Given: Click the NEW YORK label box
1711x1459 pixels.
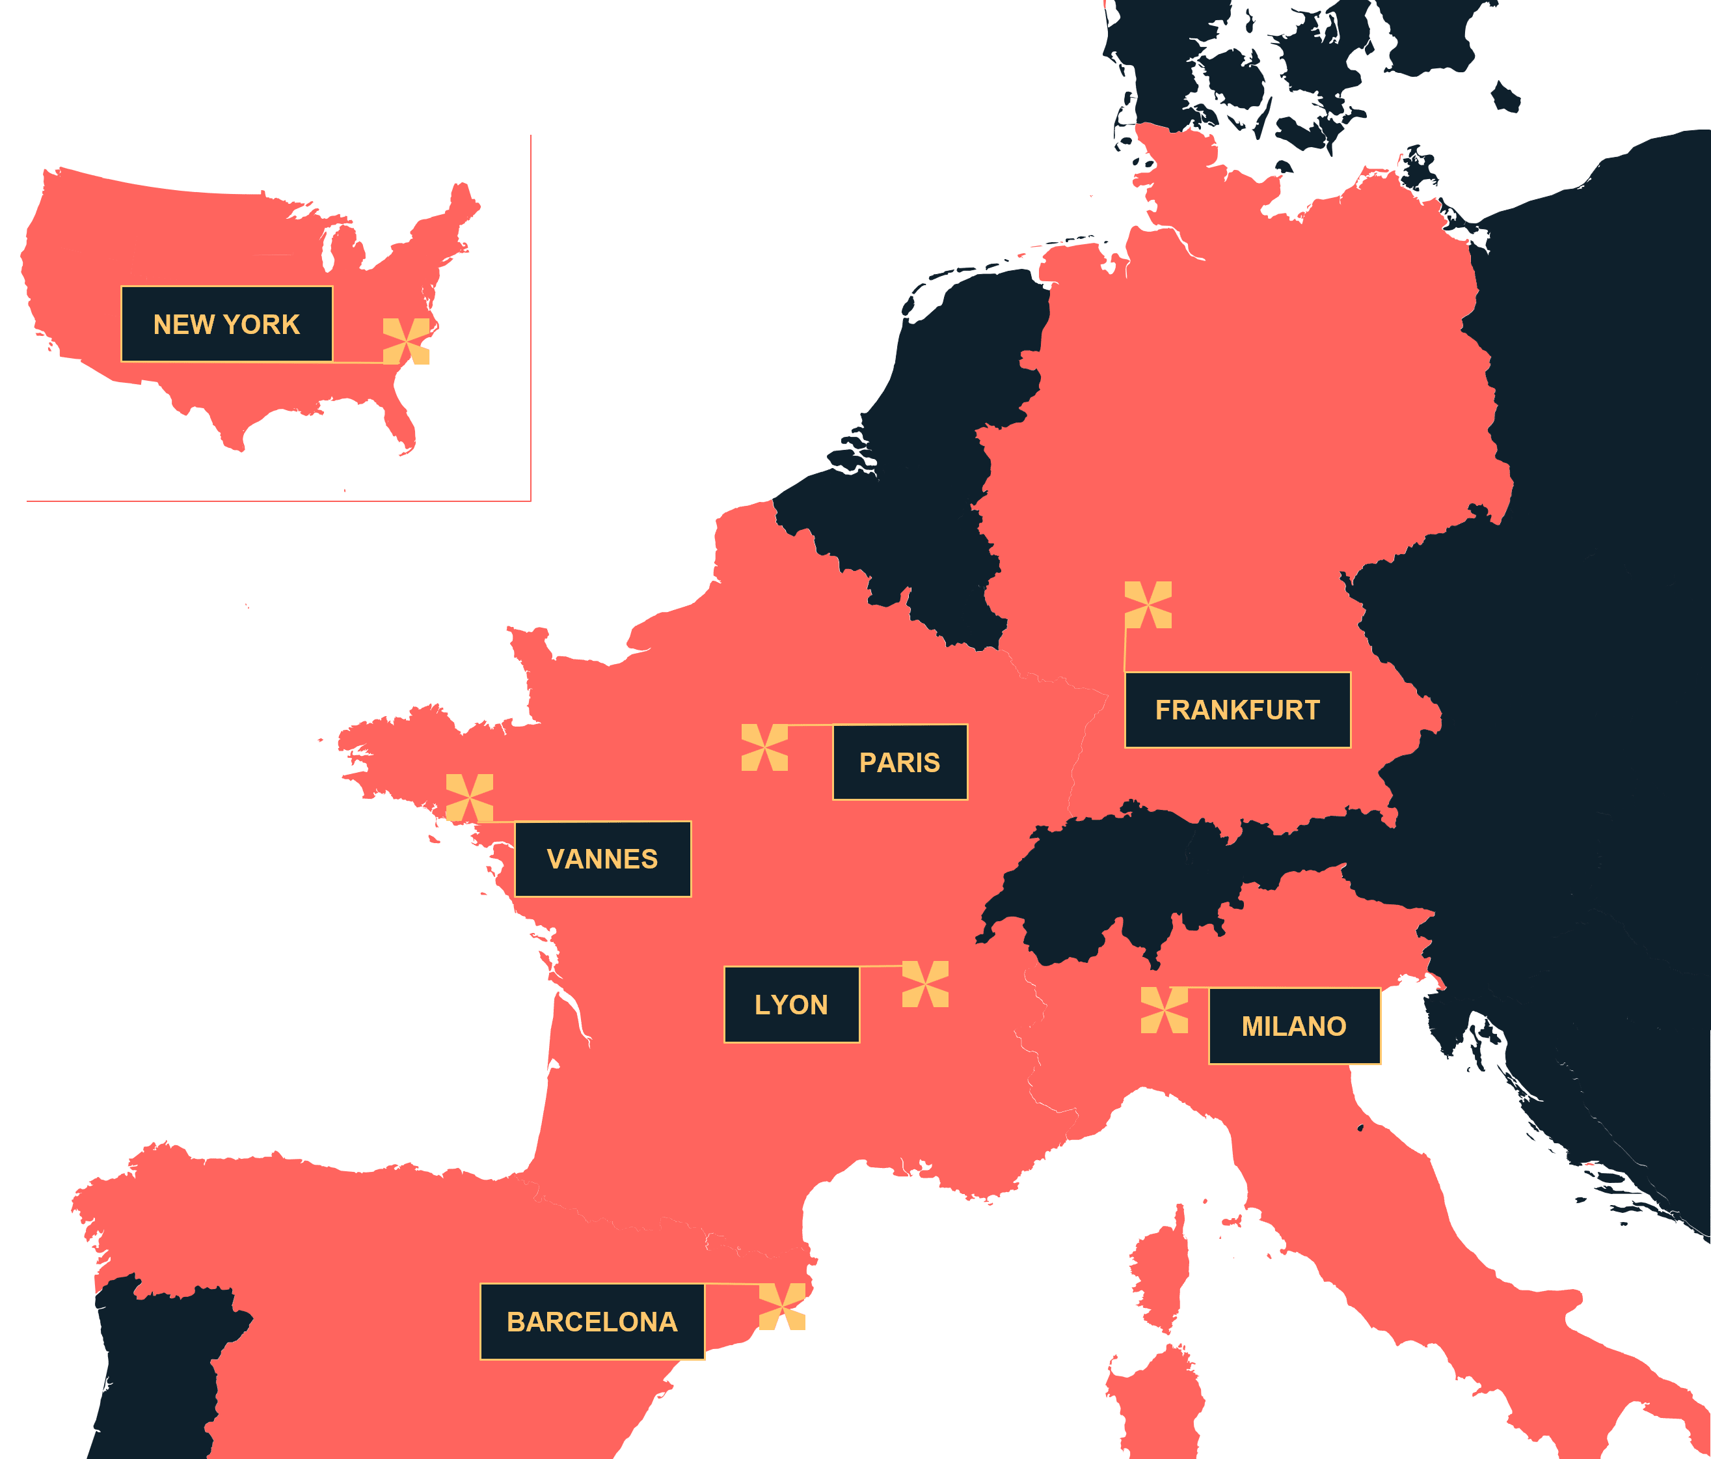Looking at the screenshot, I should (x=227, y=324).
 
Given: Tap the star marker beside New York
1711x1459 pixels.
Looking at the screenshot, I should (x=406, y=341).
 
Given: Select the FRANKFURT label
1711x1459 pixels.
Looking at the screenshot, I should (x=1237, y=710).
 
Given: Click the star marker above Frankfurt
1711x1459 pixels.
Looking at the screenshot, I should (x=1148, y=605).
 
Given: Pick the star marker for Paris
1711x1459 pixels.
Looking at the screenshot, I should (x=764, y=747).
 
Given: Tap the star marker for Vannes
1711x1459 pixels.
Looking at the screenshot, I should (x=469, y=798).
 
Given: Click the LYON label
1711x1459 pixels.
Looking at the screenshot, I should (x=791, y=1004).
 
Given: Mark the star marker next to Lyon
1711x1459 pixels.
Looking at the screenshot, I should (x=925, y=984).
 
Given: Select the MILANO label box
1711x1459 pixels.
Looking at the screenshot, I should (x=1294, y=1025).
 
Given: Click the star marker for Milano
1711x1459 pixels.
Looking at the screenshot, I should (x=1165, y=1010).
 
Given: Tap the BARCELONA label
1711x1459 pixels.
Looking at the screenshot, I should (x=592, y=1321).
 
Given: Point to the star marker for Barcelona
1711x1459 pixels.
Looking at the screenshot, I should (x=782, y=1306).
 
